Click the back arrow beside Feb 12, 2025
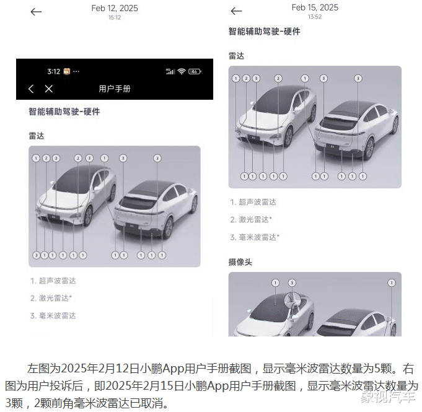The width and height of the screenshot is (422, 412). point(36,12)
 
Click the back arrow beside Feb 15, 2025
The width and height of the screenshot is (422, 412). point(236,11)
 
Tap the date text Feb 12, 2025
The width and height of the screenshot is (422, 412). point(115,8)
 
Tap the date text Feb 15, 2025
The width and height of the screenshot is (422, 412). point(315,7)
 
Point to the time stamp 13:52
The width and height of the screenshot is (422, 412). point(315,17)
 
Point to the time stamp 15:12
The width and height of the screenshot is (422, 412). point(115,17)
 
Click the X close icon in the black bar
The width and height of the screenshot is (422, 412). point(49,89)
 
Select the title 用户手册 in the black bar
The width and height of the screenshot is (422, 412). point(115,89)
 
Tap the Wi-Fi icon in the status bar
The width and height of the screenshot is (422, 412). point(182,71)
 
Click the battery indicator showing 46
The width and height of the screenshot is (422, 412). point(195,71)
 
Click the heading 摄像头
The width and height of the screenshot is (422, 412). point(240,262)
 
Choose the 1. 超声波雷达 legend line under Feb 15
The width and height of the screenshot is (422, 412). point(253,202)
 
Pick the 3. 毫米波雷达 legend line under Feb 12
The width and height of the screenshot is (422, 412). point(53,316)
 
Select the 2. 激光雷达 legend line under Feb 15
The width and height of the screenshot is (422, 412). point(251,219)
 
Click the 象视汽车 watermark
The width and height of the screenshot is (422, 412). point(388,397)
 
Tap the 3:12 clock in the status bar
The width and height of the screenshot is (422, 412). point(53,71)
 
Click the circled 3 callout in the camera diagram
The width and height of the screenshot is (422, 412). point(292,283)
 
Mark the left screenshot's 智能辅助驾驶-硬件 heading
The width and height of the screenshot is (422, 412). point(64,112)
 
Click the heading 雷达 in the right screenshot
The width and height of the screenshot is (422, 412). point(236,56)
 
